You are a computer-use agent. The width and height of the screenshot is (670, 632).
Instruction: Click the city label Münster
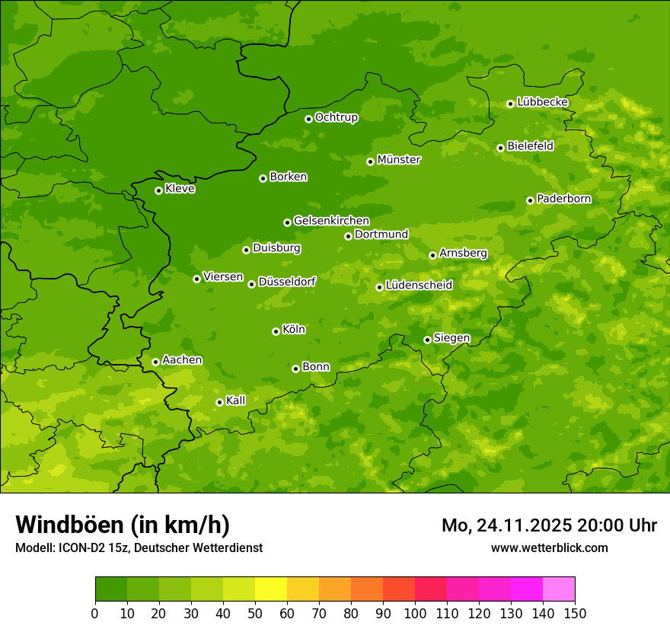(x=398, y=160)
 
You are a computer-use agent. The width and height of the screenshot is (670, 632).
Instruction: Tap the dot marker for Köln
(x=276, y=331)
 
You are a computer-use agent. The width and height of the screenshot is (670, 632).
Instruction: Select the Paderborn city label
(x=563, y=199)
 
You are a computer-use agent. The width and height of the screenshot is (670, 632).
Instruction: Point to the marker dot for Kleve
(x=158, y=190)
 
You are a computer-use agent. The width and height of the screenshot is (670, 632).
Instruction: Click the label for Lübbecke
(x=542, y=102)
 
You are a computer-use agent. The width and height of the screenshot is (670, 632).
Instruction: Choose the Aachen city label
(x=182, y=360)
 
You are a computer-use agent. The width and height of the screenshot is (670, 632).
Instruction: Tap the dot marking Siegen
(x=427, y=340)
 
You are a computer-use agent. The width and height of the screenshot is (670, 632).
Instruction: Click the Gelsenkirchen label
(x=331, y=221)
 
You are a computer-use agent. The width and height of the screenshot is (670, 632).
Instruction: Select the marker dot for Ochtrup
(x=308, y=119)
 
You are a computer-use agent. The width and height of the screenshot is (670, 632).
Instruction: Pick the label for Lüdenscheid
(x=419, y=286)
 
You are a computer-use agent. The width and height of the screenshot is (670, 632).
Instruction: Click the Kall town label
(x=236, y=401)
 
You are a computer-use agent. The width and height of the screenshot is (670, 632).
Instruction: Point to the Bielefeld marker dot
(x=500, y=148)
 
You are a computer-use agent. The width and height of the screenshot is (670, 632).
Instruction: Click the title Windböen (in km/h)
(x=123, y=525)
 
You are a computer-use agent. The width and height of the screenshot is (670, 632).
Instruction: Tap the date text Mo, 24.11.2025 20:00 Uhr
(x=549, y=525)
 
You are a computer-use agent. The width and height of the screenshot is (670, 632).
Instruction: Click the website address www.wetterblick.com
(x=549, y=547)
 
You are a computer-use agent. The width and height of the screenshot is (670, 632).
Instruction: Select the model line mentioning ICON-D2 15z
(x=139, y=547)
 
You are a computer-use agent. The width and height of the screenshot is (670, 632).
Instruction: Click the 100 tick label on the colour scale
(x=414, y=613)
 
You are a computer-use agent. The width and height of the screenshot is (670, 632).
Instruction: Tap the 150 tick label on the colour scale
(x=574, y=613)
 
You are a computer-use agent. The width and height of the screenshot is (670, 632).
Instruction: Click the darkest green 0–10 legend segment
(x=111, y=589)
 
